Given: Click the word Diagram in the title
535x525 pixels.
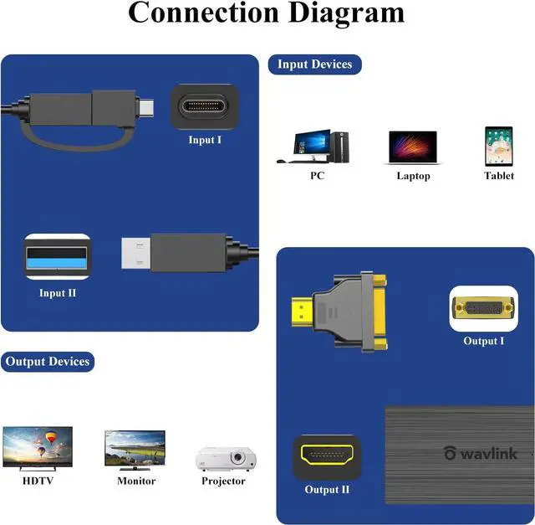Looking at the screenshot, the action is [346, 13].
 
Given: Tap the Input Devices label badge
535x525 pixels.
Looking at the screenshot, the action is [314, 64].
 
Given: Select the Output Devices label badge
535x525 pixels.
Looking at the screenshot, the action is [48, 362].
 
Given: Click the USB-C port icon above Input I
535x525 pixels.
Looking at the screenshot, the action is [204, 106].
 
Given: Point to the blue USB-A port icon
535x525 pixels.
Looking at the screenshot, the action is [57, 257].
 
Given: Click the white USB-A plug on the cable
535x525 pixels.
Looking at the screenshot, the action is [135, 253].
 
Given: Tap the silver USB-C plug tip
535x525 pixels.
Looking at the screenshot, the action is [147, 107].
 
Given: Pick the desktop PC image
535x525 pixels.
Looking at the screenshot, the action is [313, 147].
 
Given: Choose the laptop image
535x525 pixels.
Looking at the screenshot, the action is [413, 147].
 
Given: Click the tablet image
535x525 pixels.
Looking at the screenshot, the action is [499, 147].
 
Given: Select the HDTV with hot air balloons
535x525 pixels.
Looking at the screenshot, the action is [38, 448].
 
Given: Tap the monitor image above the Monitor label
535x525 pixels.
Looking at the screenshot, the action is [135, 450].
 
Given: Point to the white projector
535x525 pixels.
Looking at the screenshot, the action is [226, 459].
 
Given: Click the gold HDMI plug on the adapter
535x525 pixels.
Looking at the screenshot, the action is [303, 311].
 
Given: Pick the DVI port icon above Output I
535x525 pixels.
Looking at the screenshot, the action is [483, 308].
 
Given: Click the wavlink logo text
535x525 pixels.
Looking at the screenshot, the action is [481, 453].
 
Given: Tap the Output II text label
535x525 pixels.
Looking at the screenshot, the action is [327, 490].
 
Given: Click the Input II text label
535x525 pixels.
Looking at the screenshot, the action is [58, 293].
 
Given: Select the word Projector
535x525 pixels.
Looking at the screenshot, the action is [223, 481].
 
